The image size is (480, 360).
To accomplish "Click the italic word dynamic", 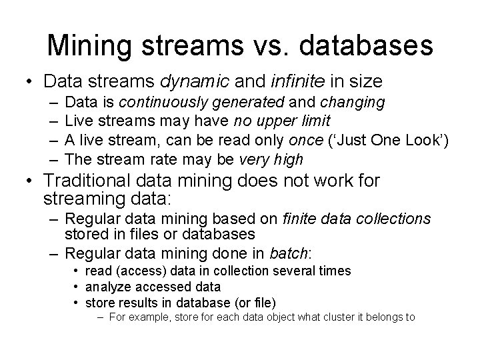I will (194, 81).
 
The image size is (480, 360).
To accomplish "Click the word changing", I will (352, 103).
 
